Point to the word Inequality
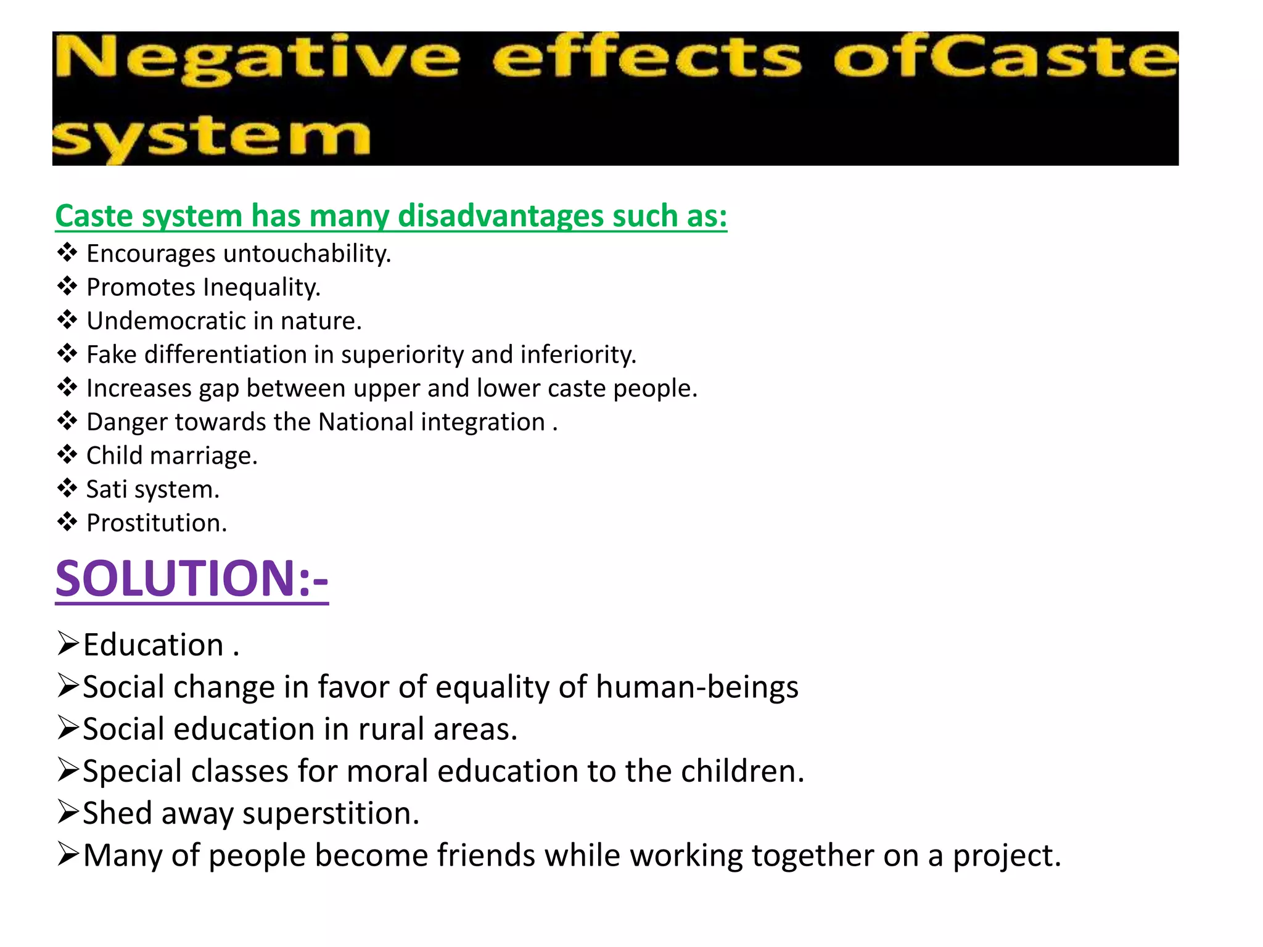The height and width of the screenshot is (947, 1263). tap(261, 288)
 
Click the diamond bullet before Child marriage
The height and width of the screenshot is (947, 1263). tap(67, 455)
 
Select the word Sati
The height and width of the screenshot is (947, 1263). tap(107, 490)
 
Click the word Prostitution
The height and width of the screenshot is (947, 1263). tap(157, 523)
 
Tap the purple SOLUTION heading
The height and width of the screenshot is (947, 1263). tap(192, 579)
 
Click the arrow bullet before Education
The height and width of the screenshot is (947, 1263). tap(68, 644)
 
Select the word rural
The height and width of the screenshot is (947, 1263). tap(391, 729)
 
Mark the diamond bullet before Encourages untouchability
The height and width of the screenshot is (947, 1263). tap(67, 253)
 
